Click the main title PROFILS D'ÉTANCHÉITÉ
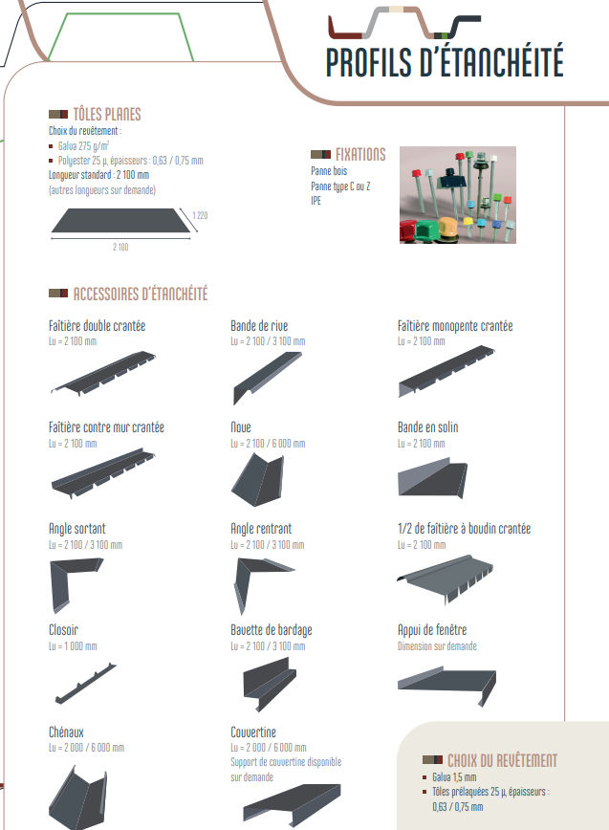445,62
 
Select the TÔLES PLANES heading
107,115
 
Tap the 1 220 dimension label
200,215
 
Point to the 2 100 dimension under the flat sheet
120,247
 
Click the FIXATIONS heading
360,155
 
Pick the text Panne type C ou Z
340,186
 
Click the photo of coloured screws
458,195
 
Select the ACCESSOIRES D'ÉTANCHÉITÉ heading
141,294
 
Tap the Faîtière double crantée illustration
103,373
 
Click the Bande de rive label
259,325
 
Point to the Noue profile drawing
258,480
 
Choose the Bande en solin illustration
433,479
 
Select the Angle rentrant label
261,528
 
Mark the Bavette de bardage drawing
270,683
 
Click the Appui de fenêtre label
432,630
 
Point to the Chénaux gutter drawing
79,799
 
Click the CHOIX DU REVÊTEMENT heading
503,760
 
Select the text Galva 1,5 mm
454,777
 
